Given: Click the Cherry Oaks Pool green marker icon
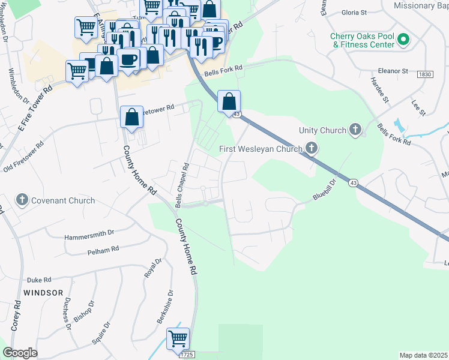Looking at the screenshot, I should point(403,41).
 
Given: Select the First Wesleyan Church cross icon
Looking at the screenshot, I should point(311,147).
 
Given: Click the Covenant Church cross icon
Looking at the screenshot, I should point(22,200).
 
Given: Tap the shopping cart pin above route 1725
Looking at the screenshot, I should point(178,339).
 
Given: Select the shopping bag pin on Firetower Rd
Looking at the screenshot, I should point(131,117).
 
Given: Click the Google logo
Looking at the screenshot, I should point(20,353).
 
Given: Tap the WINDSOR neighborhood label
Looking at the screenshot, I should point(43,293).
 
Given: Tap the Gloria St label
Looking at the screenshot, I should point(354,12).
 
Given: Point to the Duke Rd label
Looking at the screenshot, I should point(39,280).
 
